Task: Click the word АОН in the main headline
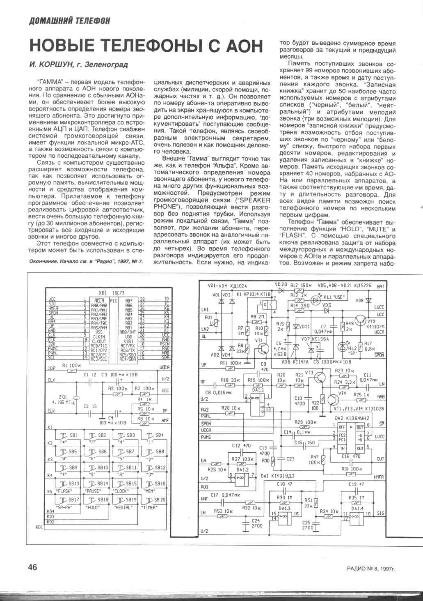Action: tap(239, 46)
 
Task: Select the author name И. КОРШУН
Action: tap(55, 64)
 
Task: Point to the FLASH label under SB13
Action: tap(64, 491)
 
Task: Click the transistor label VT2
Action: tap(372, 321)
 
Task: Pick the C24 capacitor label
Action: tap(257, 523)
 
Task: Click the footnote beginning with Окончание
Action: tap(86, 262)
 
